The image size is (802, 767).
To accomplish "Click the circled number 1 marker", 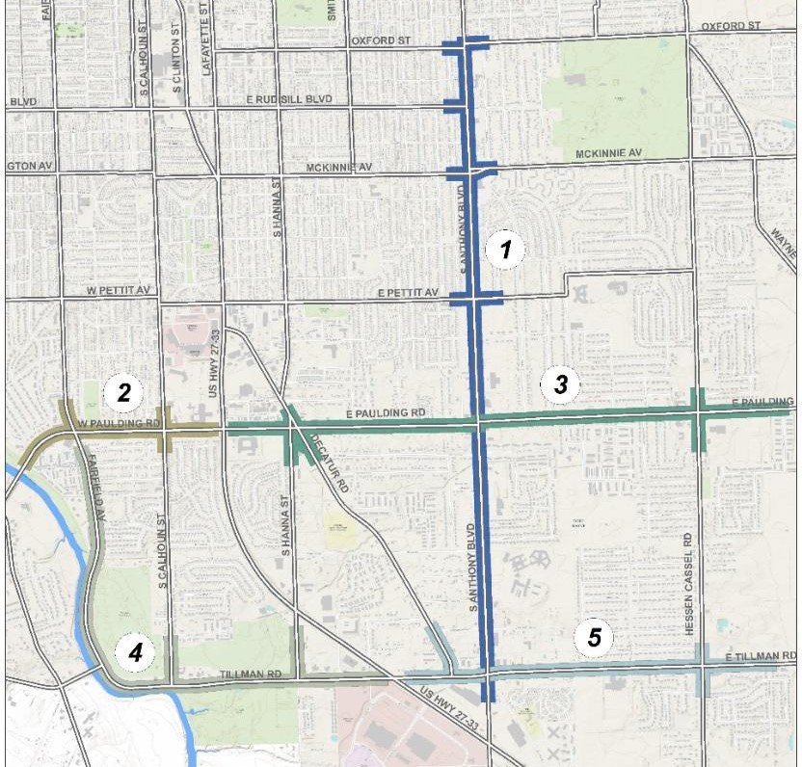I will (504, 251).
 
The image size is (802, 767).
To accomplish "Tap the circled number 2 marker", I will (124, 391).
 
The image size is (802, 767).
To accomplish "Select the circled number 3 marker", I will (560, 385).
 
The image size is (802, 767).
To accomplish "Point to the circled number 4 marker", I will (135, 652).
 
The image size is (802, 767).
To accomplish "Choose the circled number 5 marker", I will (595, 637).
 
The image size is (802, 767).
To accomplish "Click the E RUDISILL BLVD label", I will (294, 99).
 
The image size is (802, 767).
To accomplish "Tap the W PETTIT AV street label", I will (120, 290).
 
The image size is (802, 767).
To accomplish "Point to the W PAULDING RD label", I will (119, 423).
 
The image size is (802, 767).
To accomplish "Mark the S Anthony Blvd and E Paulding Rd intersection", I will (477, 421).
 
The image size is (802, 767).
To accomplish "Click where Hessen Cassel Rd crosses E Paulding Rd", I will (700, 411).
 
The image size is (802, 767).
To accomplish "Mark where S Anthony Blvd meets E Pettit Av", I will (475, 299).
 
